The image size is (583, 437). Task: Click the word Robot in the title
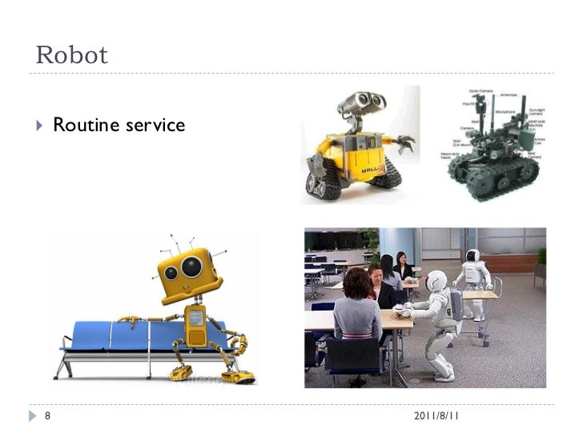(72, 55)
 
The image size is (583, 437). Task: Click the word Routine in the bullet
(84, 125)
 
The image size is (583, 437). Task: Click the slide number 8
(47, 416)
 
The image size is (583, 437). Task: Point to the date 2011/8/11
(436, 416)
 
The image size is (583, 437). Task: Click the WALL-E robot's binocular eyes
(360, 102)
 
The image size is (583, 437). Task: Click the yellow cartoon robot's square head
(189, 271)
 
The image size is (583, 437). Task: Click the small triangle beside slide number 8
(33, 416)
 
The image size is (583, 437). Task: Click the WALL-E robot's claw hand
(405, 145)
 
